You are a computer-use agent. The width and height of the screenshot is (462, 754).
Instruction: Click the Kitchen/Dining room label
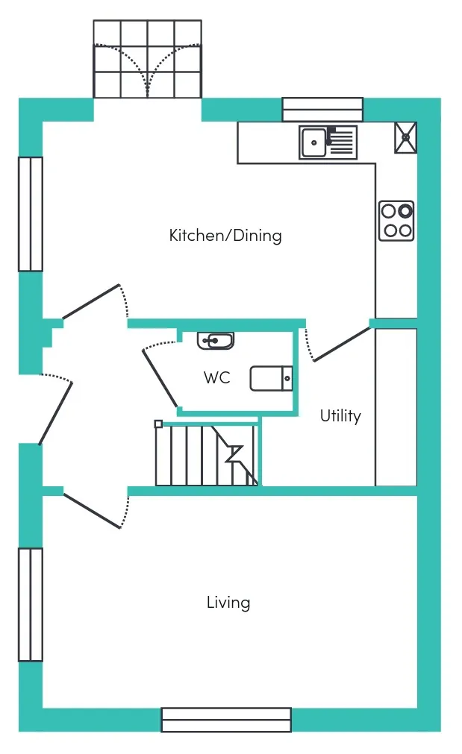pos(225,236)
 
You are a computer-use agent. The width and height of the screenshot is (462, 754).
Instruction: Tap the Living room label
pos(228,603)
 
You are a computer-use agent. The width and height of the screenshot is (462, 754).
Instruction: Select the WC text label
pos(216,377)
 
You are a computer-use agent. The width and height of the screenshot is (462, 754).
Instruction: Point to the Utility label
pos(340,416)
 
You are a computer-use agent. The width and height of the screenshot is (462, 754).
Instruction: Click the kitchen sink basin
pos(313,142)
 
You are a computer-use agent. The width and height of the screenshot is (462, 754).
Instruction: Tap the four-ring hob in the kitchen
pos(396,221)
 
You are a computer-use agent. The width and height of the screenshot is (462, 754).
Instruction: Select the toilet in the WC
pos(272,378)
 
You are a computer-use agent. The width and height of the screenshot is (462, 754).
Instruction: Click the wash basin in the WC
pos(216,340)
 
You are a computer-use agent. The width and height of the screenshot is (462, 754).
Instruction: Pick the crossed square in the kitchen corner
pos(406,137)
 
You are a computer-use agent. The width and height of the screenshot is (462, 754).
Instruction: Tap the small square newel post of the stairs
pos(158,424)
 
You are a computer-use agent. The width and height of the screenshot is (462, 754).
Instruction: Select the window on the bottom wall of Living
pos(226,720)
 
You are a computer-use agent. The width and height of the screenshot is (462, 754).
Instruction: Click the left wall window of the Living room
pos(31,604)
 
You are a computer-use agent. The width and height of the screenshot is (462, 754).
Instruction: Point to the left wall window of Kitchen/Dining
pos(31,214)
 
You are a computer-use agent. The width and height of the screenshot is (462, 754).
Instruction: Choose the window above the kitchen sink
pos(322,109)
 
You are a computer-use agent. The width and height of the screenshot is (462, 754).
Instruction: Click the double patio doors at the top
pos(147,59)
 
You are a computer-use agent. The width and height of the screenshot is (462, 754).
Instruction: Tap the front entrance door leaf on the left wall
pos(56,413)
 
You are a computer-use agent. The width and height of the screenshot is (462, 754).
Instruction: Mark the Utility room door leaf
pos(342,344)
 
